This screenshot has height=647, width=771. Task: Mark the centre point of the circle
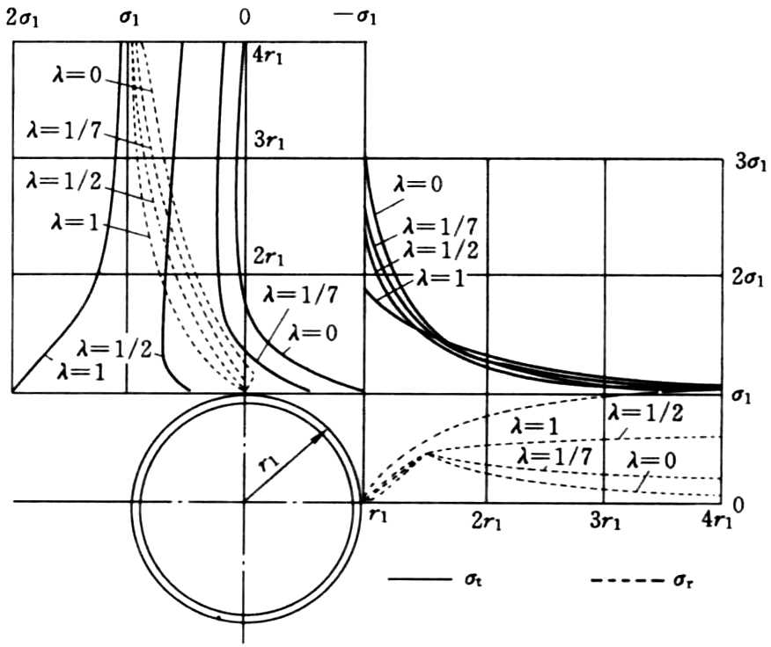coord(245,502)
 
